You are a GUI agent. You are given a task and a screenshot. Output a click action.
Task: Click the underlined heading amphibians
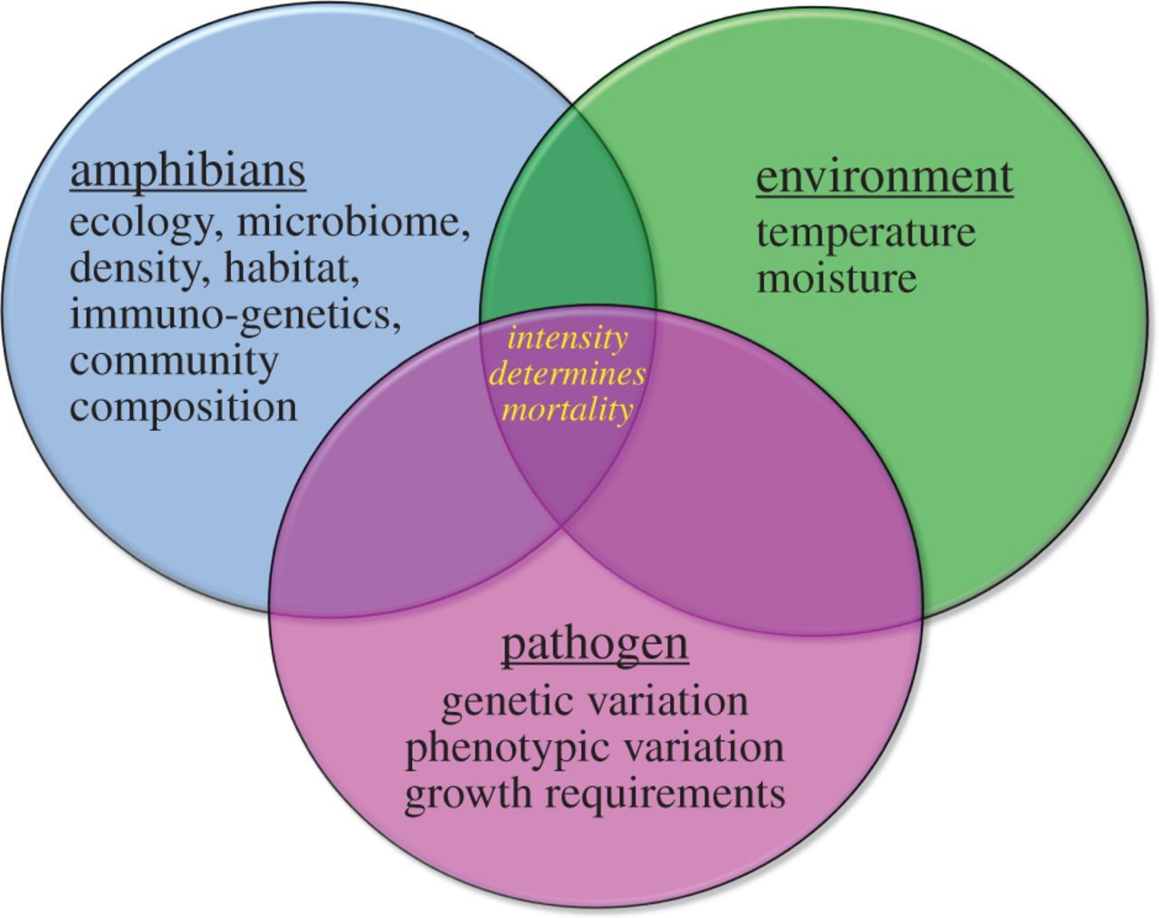click(188, 172)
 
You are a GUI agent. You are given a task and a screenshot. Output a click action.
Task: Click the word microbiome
click(353, 223)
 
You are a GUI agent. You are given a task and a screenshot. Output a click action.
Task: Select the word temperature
click(866, 234)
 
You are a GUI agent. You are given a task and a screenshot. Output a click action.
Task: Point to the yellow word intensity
click(569, 339)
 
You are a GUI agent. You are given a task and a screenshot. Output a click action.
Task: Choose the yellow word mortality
click(567, 411)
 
